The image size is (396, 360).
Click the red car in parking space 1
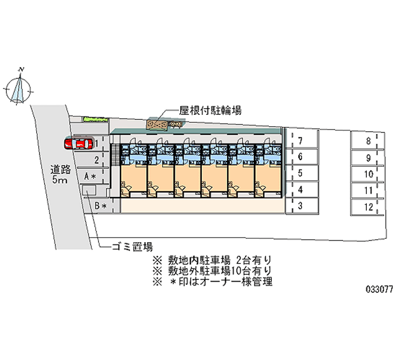pos(78,144)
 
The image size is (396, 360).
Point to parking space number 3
pos(300,206)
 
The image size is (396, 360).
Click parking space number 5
pos(300,174)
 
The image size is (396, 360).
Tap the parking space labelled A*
pos(90,176)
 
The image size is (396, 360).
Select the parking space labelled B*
pos(101,205)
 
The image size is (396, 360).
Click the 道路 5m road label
pos(59,174)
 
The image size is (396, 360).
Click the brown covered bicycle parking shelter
pos(157,125)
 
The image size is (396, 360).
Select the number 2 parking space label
pos(97,159)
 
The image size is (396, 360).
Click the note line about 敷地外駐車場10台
pos(212,271)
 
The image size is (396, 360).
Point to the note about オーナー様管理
pos(212,282)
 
